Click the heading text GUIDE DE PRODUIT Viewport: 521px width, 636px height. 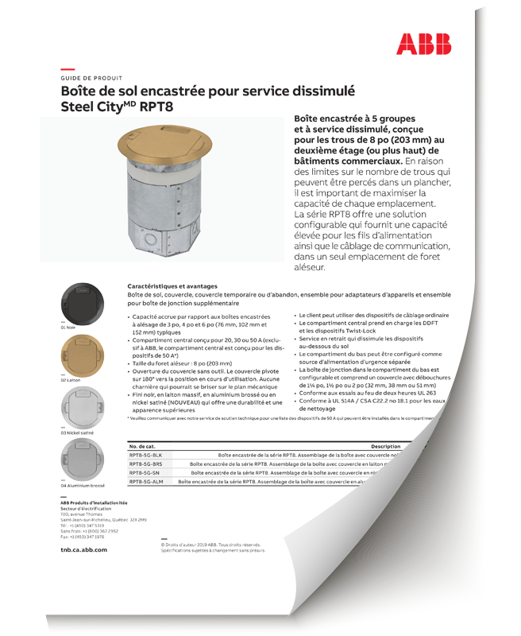(x=91, y=79)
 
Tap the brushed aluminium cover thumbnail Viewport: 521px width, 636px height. (x=82, y=459)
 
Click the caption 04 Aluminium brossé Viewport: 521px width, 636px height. (x=83, y=485)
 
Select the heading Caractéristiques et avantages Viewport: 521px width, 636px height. (x=171, y=285)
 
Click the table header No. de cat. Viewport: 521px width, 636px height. (x=144, y=447)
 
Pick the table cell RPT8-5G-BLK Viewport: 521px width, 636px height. (x=146, y=456)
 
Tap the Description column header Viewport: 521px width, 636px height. (x=385, y=447)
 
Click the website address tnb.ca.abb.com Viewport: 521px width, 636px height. (x=84, y=549)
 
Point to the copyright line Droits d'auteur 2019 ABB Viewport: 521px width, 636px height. (x=213, y=545)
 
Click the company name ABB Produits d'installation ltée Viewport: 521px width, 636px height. (x=94, y=503)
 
